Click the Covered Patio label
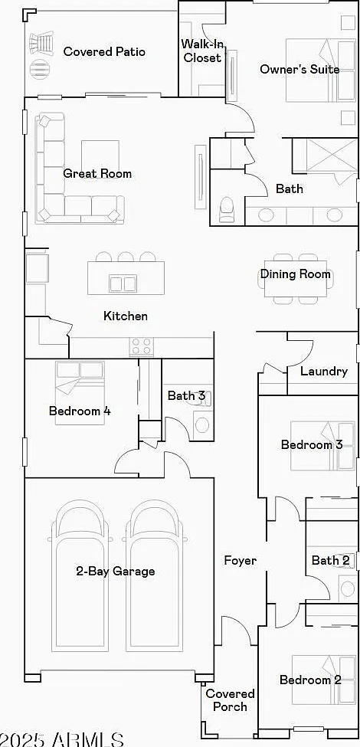pyautogui.click(x=104, y=51)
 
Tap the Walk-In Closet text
pyautogui.click(x=202, y=51)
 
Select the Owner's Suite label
pyautogui.click(x=299, y=69)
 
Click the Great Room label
pyautogui.click(x=97, y=173)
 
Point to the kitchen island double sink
pyautogui.click(x=123, y=283)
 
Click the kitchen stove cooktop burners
pyautogui.click(x=142, y=346)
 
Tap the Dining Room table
pyautogui.click(x=295, y=279)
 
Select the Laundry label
pyautogui.click(x=324, y=371)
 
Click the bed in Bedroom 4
pyautogui.click(x=80, y=392)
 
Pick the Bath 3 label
pyautogui.click(x=186, y=395)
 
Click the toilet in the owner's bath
pyautogui.click(x=226, y=210)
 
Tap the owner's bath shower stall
pyautogui.click(x=324, y=156)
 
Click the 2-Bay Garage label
pyautogui.click(x=115, y=571)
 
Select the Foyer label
pyautogui.click(x=241, y=561)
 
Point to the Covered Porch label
pyautogui.click(x=230, y=699)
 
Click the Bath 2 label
pyautogui.click(x=330, y=560)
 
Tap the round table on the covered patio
pyautogui.click(x=40, y=70)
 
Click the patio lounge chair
pyautogui.click(x=42, y=44)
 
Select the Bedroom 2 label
pyautogui.click(x=310, y=680)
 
